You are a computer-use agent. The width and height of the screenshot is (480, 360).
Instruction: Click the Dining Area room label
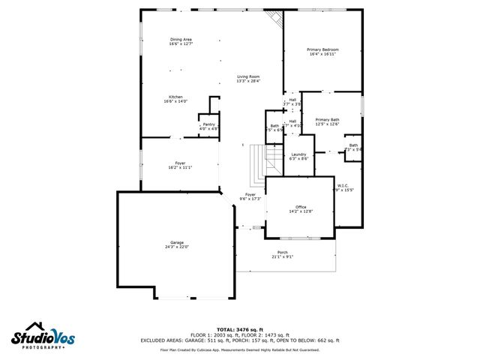[181, 39]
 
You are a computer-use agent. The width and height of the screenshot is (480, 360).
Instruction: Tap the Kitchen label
[175, 97]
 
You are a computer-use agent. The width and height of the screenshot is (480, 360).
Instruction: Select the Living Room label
[249, 76]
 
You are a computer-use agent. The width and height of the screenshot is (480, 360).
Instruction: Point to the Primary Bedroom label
[323, 50]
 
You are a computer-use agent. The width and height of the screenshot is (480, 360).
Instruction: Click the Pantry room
[208, 124]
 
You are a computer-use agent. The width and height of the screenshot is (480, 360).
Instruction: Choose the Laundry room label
[298, 154]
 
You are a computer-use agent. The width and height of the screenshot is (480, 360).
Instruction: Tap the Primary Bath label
[327, 119]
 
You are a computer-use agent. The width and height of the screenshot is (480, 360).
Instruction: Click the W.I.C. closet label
[343, 185]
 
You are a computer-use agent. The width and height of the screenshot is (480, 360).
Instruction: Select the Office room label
[301, 206]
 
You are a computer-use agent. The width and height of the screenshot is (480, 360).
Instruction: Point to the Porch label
[283, 252]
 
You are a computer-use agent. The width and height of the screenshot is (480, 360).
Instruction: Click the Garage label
[177, 243]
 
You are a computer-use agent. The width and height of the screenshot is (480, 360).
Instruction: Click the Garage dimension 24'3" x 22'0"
[177, 247]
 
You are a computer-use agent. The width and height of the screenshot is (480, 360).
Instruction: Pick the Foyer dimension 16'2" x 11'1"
[180, 167]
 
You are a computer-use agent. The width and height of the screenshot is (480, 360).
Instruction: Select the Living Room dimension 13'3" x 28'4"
[249, 81]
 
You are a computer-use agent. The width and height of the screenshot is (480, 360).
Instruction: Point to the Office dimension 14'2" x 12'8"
[301, 211]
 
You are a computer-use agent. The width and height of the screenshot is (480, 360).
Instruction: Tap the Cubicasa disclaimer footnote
[240, 349]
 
